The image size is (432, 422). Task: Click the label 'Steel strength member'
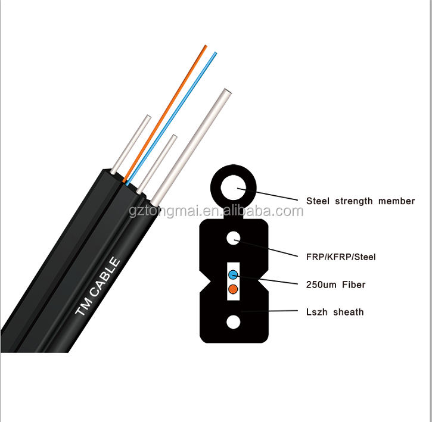coord(360,201)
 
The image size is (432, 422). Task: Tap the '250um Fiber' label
coord(335,285)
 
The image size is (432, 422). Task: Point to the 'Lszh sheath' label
coord(334,312)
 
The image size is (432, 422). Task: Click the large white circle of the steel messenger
coord(234,189)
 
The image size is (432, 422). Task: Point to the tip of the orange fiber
coord(206,46)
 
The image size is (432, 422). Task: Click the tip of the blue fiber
coord(215,54)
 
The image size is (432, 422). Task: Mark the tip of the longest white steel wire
coord(226,92)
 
